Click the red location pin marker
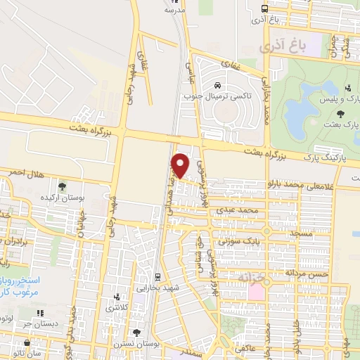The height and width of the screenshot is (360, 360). (181, 165)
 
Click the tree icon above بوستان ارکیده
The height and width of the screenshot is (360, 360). (63, 187)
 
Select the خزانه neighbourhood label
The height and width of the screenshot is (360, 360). (254, 278)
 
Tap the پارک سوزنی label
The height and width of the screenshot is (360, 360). (233, 240)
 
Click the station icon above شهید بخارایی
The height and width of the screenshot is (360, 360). (155, 276)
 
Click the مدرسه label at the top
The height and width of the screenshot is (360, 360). (174, 11)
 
